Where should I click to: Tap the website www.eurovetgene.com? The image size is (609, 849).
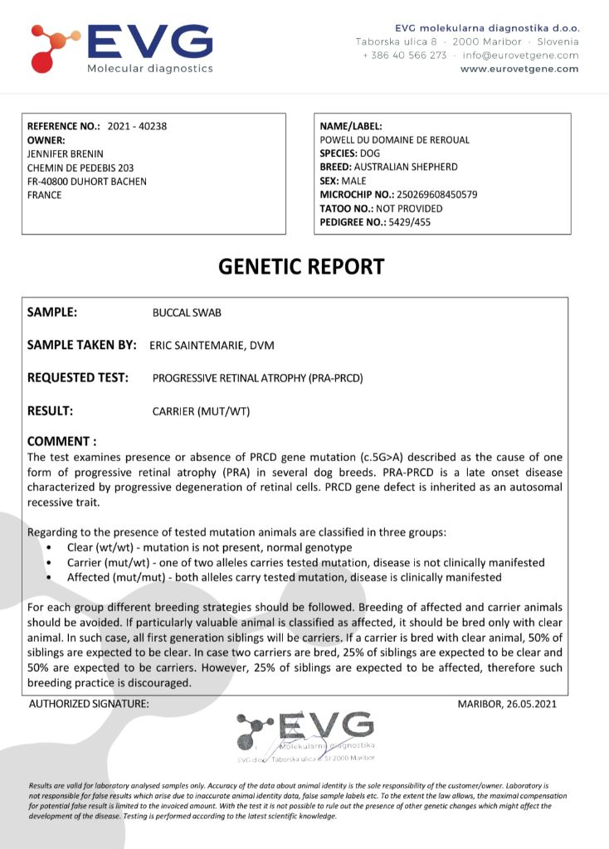click(519, 70)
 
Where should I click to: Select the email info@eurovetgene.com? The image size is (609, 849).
click(521, 56)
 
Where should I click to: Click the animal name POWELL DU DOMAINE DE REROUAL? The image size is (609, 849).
click(395, 140)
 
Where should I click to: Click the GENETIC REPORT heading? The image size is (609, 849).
click(301, 266)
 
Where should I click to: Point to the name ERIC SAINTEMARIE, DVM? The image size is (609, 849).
click(212, 346)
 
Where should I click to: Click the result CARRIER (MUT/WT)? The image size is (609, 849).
click(201, 411)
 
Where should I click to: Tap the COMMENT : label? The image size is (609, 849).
click(61, 441)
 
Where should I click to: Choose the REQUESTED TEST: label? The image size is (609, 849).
click(77, 378)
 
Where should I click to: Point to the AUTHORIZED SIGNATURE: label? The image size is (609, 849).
click(89, 704)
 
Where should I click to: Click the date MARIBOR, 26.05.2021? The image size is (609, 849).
click(507, 704)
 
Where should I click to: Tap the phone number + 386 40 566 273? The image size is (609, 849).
click(404, 56)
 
